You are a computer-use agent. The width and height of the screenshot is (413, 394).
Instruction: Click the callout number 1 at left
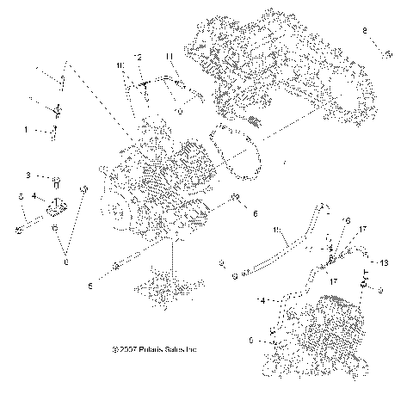point(26,130)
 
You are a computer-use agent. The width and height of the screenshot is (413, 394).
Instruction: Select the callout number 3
point(28,175)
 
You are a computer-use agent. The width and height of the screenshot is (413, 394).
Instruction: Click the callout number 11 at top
point(170,57)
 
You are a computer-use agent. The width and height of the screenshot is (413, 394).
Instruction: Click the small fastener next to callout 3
point(54,182)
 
